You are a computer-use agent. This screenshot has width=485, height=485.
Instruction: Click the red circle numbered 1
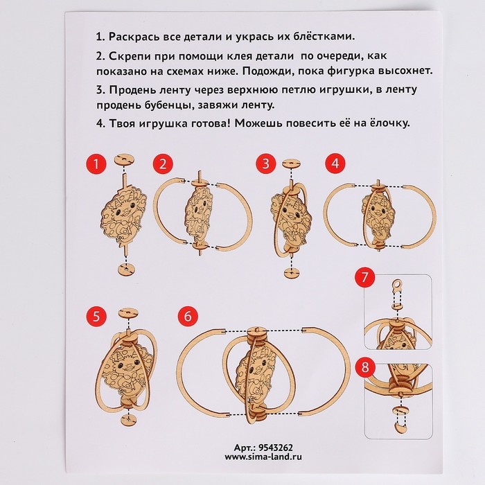[96, 164]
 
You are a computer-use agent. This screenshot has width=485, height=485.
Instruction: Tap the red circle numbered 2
[163, 164]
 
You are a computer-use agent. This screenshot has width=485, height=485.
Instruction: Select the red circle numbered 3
[266, 164]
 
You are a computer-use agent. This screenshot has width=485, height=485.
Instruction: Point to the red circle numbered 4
[335, 164]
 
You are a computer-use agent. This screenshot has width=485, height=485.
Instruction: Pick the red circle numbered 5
[96, 317]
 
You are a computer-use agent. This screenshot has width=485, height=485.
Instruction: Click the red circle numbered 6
[188, 317]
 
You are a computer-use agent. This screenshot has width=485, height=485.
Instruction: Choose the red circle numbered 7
[365, 277]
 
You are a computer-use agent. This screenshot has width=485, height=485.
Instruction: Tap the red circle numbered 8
[365, 367]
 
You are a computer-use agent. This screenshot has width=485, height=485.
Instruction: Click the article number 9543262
[275, 448]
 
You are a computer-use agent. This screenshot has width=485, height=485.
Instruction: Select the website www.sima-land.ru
[263, 457]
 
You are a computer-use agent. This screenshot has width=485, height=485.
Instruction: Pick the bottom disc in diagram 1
[127, 269]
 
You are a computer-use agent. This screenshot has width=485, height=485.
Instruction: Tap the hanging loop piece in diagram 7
[397, 285]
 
